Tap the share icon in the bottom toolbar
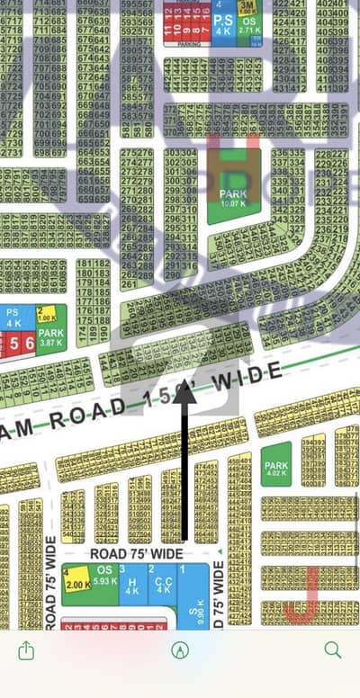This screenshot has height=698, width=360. tap(25, 649)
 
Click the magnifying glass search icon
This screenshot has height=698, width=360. tap(332, 649)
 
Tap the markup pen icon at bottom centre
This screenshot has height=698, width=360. tap(180, 650)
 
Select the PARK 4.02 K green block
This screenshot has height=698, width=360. tap(275, 464)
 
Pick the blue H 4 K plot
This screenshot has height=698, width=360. tap(131, 585)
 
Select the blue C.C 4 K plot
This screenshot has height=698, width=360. tap(162, 585)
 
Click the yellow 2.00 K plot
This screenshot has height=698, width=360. tap(77, 583)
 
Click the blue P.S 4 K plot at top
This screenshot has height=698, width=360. tap(223, 24)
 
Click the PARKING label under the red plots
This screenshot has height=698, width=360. tap(189, 44)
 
